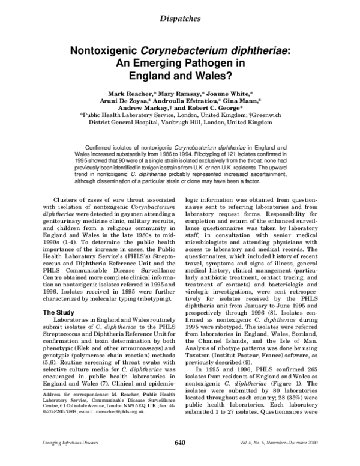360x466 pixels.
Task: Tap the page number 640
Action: coord(180,459)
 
